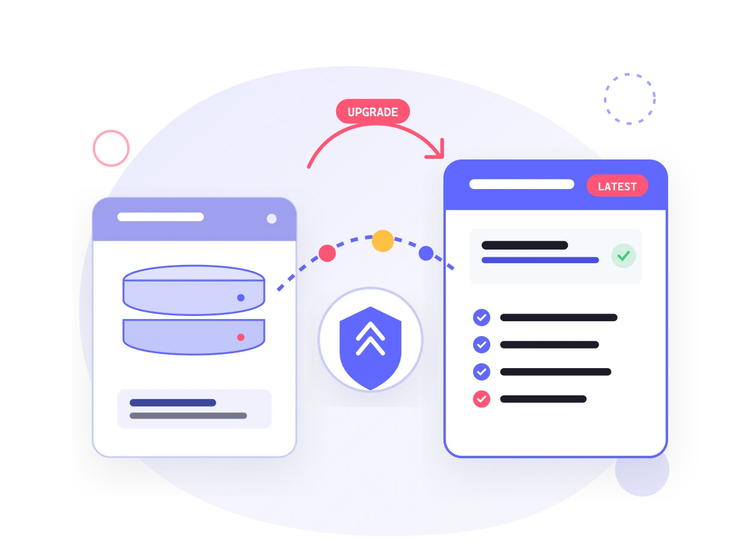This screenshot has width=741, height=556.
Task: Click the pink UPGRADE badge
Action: [x=372, y=111]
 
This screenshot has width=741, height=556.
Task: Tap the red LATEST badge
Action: [x=617, y=186]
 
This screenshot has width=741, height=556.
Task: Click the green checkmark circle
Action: [x=623, y=255]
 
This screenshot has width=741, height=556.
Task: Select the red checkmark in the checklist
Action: [x=481, y=399]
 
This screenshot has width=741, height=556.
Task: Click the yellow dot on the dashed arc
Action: [x=382, y=241]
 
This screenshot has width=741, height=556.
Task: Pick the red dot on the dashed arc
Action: [x=327, y=253]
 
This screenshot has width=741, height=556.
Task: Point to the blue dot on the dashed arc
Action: [x=426, y=253]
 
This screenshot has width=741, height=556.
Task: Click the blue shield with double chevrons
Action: [x=370, y=348]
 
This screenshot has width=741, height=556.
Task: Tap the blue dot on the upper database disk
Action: [x=241, y=298]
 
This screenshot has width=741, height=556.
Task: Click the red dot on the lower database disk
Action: [x=241, y=337]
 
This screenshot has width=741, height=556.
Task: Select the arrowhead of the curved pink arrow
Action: [x=439, y=152]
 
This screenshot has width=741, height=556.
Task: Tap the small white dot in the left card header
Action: [x=272, y=219]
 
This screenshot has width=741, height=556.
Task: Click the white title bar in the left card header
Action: [x=161, y=217]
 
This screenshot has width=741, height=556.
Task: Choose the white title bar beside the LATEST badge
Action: [x=522, y=184]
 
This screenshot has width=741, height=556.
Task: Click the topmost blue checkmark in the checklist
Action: [x=481, y=317]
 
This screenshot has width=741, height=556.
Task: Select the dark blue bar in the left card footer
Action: [x=173, y=402]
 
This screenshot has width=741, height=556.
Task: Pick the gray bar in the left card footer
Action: [x=188, y=416]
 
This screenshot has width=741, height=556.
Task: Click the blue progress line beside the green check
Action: [x=540, y=260]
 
